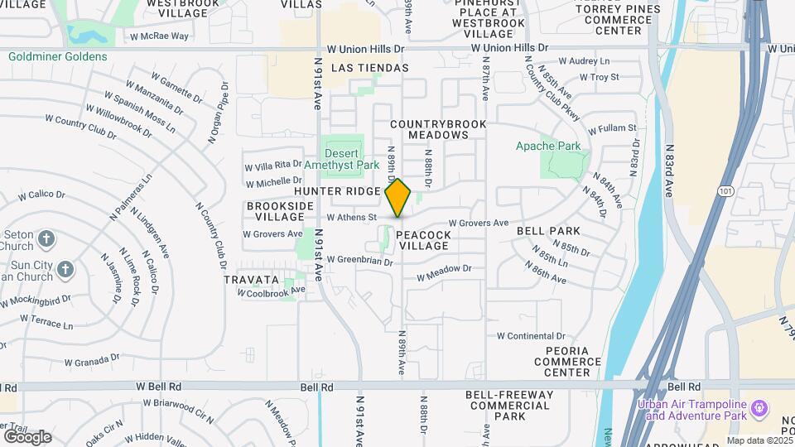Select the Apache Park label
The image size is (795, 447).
548,147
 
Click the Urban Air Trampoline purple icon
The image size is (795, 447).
759,407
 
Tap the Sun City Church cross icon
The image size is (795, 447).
65,269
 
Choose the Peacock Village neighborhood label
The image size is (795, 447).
423,240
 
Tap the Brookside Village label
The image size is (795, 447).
275,210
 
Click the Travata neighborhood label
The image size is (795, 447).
251,280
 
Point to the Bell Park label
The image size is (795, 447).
548,230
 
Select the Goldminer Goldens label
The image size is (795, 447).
58,57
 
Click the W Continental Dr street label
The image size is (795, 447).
530,336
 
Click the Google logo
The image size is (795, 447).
26,436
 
